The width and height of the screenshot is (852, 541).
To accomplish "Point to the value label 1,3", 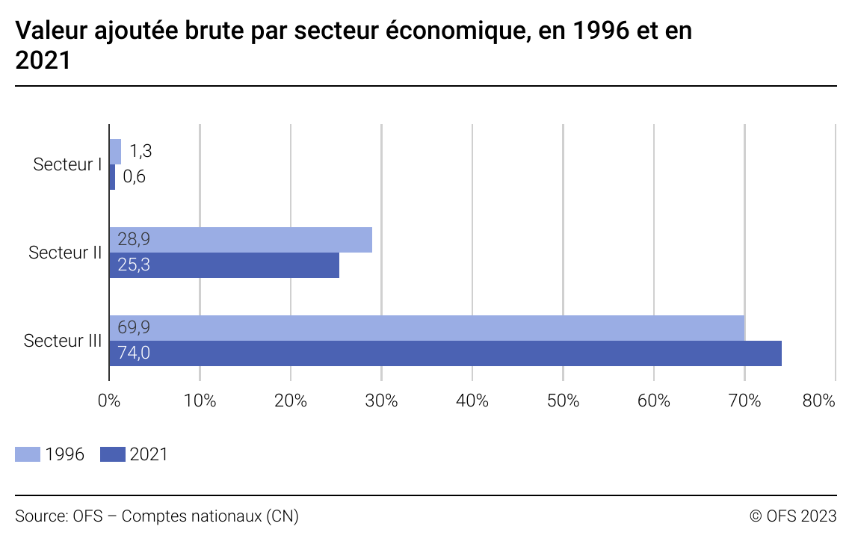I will (x=141, y=151).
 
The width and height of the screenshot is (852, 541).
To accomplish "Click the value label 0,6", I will (x=135, y=177).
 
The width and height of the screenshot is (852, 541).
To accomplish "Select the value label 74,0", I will (x=134, y=353).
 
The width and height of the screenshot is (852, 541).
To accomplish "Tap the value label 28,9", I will (x=134, y=240).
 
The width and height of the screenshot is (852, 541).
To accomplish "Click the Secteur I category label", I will (x=67, y=164).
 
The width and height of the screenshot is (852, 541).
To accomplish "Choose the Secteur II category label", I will (x=65, y=253).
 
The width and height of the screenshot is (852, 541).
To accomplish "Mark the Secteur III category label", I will (x=63, y=341).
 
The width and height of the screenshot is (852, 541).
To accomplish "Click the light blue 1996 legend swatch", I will (x=28, y=454).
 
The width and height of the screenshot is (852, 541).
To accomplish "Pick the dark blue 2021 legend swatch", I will (x=113, y=454).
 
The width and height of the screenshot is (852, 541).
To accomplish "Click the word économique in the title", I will (x=444, y=31).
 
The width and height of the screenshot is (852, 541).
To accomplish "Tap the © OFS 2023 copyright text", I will (x=793, y=516).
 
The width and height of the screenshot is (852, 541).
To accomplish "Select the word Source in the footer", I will (x=40, y=516).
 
